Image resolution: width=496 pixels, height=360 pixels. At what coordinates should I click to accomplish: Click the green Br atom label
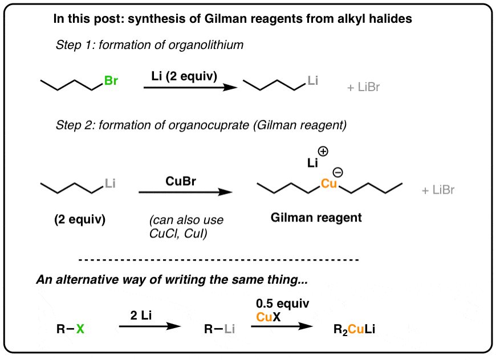pos(111,80)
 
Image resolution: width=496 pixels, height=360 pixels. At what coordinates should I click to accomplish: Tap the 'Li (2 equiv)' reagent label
pos(184,76)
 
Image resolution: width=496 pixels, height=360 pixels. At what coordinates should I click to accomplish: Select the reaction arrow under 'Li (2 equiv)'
pos(190,88)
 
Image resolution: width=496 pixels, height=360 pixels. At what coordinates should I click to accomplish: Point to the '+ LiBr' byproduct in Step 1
pos(363,87)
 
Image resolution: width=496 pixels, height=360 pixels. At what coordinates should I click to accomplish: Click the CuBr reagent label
pos(181,181)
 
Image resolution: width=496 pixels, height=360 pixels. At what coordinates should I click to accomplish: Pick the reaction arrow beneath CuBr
pos(186,192)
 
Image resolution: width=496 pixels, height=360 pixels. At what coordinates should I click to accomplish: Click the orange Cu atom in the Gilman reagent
pos(328,183)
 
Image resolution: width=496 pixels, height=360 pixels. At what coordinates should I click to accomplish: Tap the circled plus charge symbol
pos(323,152)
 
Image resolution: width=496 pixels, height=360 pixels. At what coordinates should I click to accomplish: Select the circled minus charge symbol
pos(338,172)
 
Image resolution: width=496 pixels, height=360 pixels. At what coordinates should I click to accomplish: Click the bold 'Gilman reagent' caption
pos(316,218)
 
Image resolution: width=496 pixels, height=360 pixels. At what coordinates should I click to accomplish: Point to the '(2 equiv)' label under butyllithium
pos(80,219)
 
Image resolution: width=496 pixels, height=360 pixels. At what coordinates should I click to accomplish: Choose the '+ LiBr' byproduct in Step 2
pos(438,190)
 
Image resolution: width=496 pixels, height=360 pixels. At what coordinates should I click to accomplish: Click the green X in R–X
pos(80,329)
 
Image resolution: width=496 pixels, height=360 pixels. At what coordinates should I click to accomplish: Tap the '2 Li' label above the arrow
pos(141,315)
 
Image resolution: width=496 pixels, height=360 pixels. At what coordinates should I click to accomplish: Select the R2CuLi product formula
pos(354,330)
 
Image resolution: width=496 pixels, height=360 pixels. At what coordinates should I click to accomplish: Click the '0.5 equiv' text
pos(282,304)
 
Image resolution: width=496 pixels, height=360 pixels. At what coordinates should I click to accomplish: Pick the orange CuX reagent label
pos(269,317)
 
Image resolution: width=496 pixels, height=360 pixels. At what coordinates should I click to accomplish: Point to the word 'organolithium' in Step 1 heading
pos(206,45)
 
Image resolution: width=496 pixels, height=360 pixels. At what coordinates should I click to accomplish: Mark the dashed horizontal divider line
pos(218,260)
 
